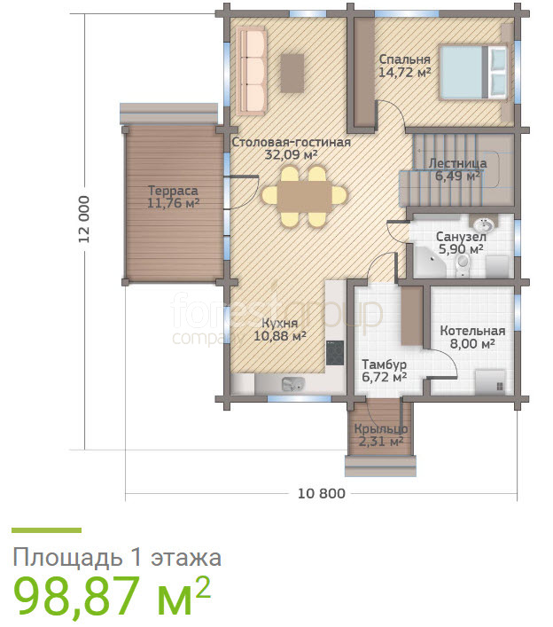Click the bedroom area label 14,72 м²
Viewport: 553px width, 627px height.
click(405, 73)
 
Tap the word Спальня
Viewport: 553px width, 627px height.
click(404, 59)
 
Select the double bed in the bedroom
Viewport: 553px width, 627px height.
click(473, 72)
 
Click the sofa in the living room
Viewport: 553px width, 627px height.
click(252, 71)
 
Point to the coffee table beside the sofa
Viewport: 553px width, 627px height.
click(292, 74)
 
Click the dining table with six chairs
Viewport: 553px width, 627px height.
click(305, 196)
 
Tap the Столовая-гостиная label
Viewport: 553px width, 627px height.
click(292, 142)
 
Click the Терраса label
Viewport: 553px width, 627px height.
click(173, 191)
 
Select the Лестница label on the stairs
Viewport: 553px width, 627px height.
click(458, 163)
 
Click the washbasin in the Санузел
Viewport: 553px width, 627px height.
click(485, 223)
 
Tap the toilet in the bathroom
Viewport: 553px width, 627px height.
click(463, 264)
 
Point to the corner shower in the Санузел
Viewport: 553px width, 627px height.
click(430, 262)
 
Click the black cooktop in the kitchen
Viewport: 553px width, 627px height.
click(335, 353)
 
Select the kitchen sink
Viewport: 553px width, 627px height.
click(293, 384)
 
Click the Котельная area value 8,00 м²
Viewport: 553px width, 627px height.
click(472, 343)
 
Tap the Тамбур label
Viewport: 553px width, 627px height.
click(384, 364)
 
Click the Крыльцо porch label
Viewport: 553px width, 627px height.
click(381, 429)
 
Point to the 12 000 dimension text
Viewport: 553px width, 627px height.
click(84, 219)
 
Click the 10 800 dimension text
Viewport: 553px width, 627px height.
click(321, 493)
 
